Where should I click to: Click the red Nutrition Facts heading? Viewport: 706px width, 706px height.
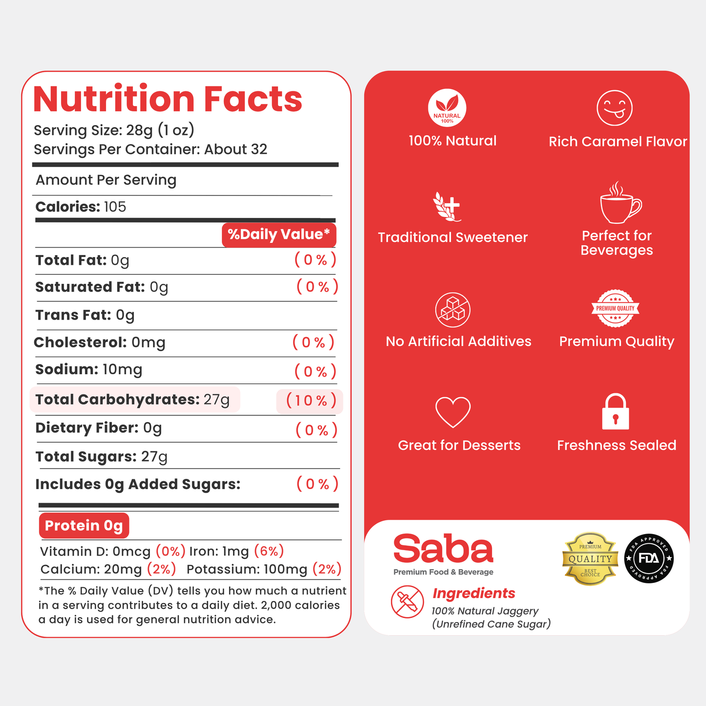168,99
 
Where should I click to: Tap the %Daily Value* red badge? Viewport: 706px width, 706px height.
279,235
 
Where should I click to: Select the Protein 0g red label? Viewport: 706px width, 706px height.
84,525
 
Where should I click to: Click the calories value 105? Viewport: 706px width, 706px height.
115,207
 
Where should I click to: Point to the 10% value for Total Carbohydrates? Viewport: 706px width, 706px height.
311,401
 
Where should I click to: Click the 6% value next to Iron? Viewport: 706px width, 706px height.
269,551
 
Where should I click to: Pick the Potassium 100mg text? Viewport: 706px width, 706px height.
247,569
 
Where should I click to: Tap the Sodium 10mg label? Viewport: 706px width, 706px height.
88,369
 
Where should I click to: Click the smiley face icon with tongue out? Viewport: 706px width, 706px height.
615,107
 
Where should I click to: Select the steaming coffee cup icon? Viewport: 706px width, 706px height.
620,202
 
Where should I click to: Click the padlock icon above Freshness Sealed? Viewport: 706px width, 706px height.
616,411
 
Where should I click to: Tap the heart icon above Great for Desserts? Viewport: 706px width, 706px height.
453,412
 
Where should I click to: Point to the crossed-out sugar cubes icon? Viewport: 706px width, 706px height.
453,310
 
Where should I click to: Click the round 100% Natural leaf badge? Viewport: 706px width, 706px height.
447,107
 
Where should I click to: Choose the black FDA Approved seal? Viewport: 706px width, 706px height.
649,558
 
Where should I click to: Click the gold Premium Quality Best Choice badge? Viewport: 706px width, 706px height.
590,559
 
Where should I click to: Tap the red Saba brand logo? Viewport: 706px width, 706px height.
443,549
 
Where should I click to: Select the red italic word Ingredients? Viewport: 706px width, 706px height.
474,593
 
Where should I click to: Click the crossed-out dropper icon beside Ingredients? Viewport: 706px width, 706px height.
407,601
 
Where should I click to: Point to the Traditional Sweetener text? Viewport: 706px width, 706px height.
453,237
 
